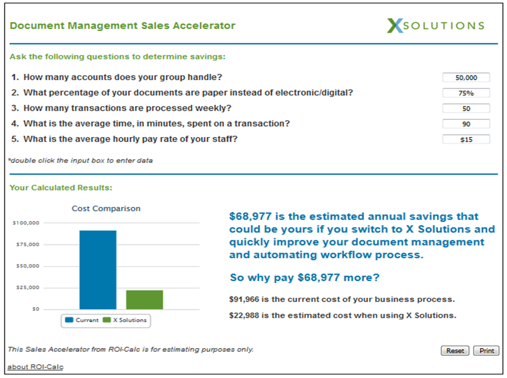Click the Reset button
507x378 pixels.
coord(455,350)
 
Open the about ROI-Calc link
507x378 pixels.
coord(36,367)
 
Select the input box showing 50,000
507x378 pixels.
coord(466,77)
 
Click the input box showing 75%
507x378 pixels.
coord(466,93)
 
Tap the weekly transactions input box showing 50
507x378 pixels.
coord(466,108)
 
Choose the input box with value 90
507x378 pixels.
coord(466,124)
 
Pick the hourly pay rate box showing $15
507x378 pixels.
coord(466,139)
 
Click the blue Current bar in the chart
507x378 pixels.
coord(98,270)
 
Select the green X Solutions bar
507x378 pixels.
coord(145,300)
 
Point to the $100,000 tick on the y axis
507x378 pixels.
coord(26,223)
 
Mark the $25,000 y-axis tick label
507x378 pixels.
coord(28,287)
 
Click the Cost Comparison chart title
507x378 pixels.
coord(106,208)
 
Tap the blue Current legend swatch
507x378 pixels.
coord(69,320)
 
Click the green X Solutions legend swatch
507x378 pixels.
coord(107,320)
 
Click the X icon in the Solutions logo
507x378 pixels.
coord(395,26)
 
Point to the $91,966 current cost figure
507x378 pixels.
coord(244,300)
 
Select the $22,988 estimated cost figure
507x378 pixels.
coord(244,315)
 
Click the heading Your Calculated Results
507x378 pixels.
coord(61,188)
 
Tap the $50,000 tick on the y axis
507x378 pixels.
coord(28,266)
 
